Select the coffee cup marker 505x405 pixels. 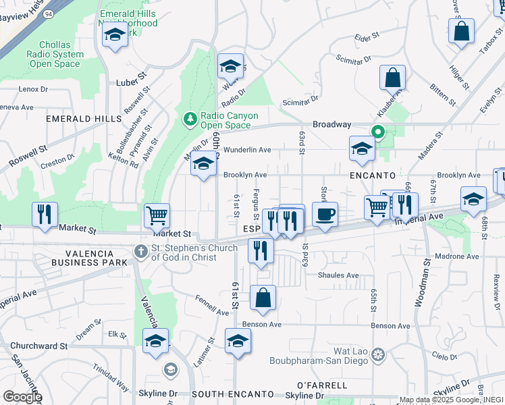pos(325,215)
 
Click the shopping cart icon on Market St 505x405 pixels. pos(157,215)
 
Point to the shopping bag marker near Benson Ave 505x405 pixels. pos(263,298)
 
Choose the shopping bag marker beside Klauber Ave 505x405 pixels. pos(392,78)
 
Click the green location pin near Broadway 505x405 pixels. pos(379,133)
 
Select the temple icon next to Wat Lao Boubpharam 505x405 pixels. pos(378,355)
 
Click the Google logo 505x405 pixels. pos(22,396)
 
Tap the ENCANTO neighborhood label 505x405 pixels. pos(368,175)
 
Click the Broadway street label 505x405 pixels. pos(331,125)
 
